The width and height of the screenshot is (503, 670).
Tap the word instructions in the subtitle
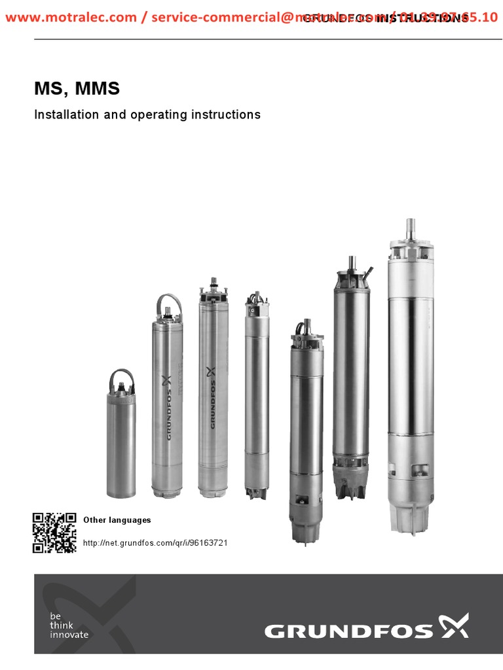coord(225,115)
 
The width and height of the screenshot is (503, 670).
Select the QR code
coord(54,533)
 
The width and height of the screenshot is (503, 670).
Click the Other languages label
coord(117,520)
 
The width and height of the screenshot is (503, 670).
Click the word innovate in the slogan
coord(69,634)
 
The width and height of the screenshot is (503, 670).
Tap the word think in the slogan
coord(62,625)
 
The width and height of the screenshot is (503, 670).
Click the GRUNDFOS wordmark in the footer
coord(348,631)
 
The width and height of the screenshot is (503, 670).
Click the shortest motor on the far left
coord(121,445)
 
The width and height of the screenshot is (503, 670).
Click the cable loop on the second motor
coord(166,304)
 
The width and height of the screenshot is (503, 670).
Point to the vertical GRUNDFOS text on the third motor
coord(212,399)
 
